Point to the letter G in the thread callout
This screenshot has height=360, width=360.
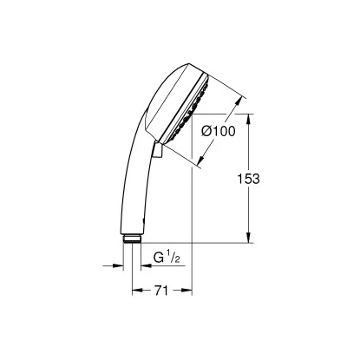[159, 258]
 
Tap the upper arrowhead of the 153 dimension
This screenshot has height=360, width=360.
[250, 119]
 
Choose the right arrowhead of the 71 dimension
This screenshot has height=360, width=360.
[181, 293]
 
